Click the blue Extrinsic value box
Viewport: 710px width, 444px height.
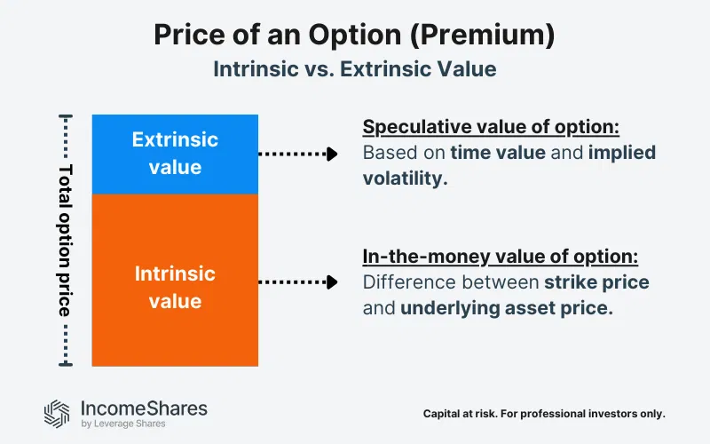point(175,154)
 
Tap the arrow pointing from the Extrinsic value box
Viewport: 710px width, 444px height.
point(298,154)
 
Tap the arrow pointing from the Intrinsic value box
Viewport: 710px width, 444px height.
point(298,282)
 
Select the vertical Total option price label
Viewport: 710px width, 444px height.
point(65,240)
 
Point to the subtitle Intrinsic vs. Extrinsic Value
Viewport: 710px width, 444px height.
point(354,69)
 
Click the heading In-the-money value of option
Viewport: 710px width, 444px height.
point(500,257)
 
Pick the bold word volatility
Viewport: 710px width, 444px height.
point(403,178)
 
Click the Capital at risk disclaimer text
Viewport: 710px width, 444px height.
point(544,414)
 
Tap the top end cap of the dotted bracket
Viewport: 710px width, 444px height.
point(65,115)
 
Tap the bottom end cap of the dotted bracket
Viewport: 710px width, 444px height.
point(65,364)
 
